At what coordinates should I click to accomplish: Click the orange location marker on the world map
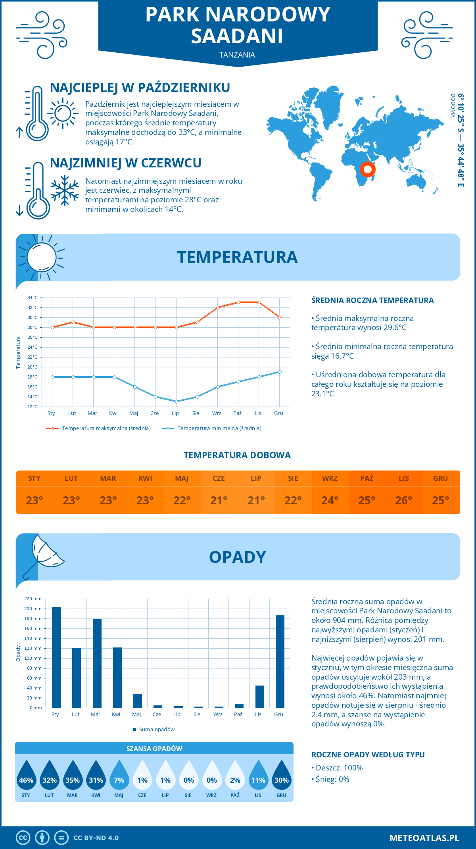(368, 169)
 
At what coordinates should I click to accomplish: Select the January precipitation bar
(56, 657)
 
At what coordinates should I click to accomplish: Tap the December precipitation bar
(280, 662)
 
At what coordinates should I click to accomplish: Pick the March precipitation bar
(97, 663)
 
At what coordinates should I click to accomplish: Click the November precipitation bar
(260, 697)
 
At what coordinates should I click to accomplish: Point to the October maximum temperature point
(238, 302)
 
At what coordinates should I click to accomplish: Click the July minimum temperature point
(177, 401)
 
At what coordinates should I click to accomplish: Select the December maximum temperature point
(280, 317)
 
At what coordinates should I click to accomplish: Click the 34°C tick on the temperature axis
(33, 298)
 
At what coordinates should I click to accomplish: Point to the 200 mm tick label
(33, 609)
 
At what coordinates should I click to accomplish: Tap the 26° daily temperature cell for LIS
(404, 500)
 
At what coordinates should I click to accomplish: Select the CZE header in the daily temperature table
(219, 478)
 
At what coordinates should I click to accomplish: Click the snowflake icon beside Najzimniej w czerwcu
(65, 190)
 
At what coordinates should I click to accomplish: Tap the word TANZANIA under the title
(237, 55)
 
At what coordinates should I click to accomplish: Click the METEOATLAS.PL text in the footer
(424, 837)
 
